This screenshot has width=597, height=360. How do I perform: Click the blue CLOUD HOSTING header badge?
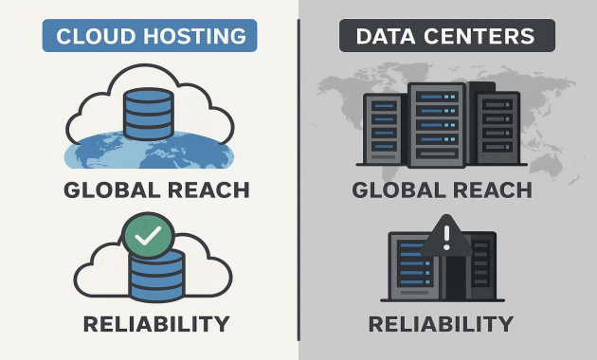151,37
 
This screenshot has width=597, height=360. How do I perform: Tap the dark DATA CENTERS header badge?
446,37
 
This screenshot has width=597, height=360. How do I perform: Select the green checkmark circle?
148,236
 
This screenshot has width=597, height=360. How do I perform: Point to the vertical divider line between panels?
298,180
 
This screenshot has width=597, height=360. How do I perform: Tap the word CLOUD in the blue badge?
93,37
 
